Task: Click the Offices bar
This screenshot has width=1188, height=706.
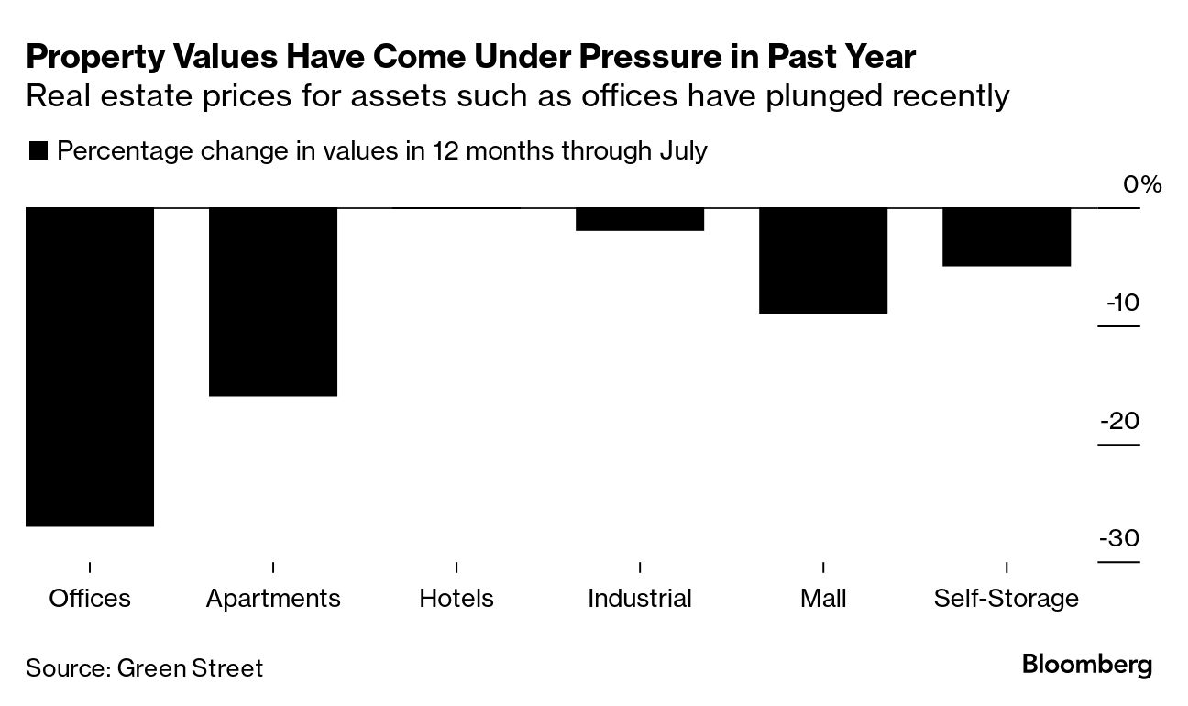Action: pos(90,367)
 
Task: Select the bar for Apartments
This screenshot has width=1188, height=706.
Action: pos(273,302)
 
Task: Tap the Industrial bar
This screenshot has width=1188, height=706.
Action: pos(640,219)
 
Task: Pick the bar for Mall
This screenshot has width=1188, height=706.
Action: pos(823,260)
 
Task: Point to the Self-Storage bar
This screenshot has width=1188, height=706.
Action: pos(1006,237)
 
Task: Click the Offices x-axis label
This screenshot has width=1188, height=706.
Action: pos(90,599)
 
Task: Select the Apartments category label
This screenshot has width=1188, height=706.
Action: pos(273,599)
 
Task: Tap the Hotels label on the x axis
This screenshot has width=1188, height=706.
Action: pos(456,599)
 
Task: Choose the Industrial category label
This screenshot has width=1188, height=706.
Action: pos(640,599)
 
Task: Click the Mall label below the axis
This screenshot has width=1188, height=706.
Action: pos(823,599)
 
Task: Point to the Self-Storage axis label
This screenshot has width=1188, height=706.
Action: pos(1006,599)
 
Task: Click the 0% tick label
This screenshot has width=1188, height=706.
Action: pos(1142,185)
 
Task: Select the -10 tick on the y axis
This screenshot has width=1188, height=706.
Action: pos(1122,303)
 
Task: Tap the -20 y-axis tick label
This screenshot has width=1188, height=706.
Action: pos(1120,421)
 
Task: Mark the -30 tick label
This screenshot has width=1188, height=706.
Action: pos(1120,538)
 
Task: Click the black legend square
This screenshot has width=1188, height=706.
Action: pos(38,151)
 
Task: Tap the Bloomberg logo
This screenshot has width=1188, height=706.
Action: pos(1087,665)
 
